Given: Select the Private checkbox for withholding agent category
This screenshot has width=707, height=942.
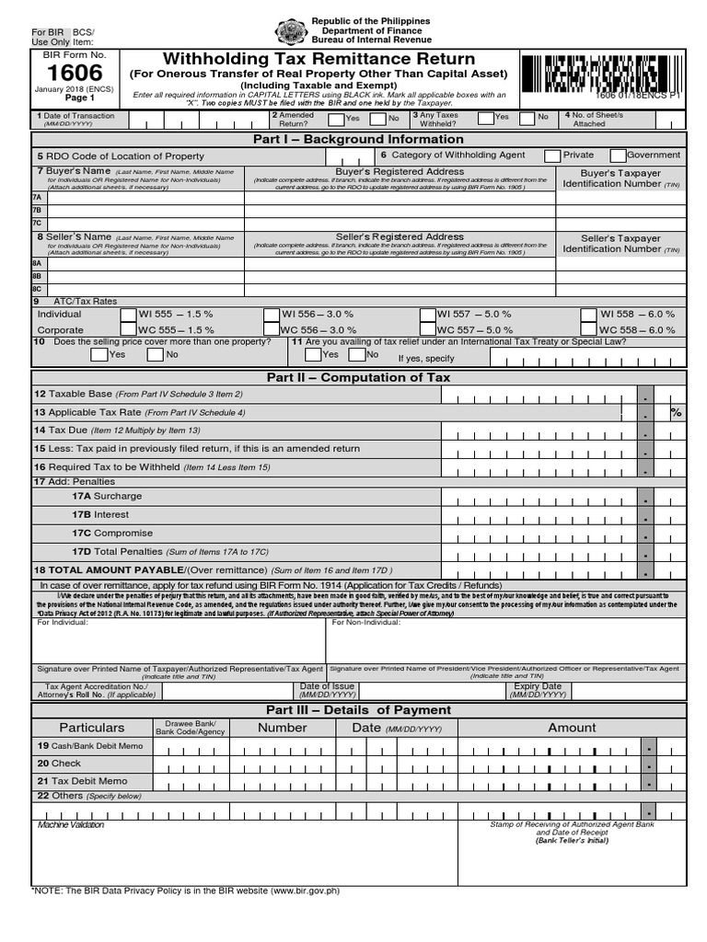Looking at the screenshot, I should (552, 155).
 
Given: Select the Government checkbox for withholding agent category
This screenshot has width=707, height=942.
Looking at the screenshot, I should (619, 155).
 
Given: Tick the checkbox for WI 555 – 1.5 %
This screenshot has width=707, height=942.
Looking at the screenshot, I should (130, 315).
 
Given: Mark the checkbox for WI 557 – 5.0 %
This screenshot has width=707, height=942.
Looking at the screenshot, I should (427, 315).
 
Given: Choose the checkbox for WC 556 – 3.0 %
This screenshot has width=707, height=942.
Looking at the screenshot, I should (271, 329).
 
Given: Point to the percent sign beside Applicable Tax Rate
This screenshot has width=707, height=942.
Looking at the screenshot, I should (677, 413).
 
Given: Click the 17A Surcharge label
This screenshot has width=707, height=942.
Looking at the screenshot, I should (107, 496).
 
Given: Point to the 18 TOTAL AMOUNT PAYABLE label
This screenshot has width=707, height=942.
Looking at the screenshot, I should (133, 570).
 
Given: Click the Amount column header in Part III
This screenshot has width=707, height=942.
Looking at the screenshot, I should (572, 728).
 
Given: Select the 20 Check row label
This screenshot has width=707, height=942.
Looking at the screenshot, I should (59, 764).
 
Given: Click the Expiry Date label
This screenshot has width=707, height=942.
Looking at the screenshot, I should (539, 687).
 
